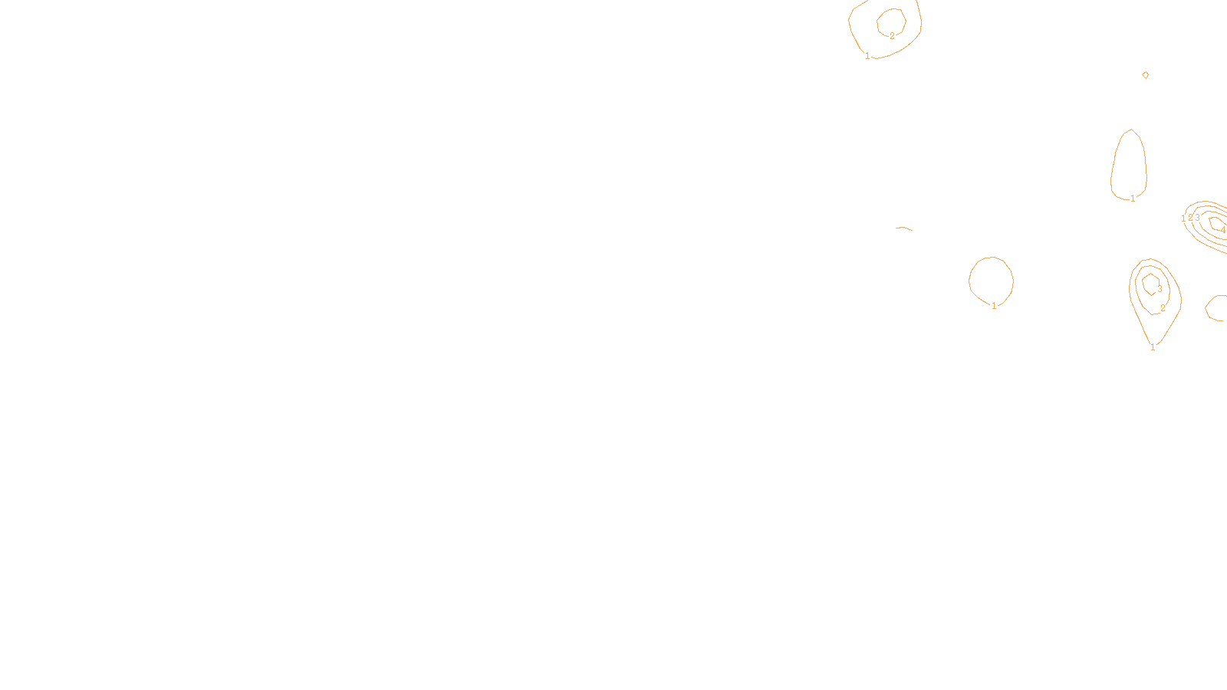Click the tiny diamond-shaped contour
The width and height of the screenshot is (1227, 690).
[x=1146, y=75]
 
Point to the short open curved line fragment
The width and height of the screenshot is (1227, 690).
[x=904, y=228]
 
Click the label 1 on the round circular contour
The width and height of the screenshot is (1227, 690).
[x=994, y=306]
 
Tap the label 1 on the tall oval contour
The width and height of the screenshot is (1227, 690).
[x=1133, y=199]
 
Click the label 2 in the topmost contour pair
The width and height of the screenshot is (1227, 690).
[x=892, y=36]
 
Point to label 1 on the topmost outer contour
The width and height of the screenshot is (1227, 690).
[x=867, y=56]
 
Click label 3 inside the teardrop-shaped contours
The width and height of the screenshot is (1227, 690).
[x=1160, y=289]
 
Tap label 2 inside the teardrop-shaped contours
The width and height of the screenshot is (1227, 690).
[x=1163, y=308]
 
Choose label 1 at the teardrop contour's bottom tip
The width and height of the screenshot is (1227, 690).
[x=1153, y=347]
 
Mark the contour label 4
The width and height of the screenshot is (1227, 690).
[x=1223, y=230]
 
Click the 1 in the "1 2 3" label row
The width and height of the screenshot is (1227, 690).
[x=1183, y=219]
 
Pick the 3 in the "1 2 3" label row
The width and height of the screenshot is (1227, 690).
[x=1197, y=219]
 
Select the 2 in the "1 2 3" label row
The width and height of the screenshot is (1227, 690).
[x=1190, y=219]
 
